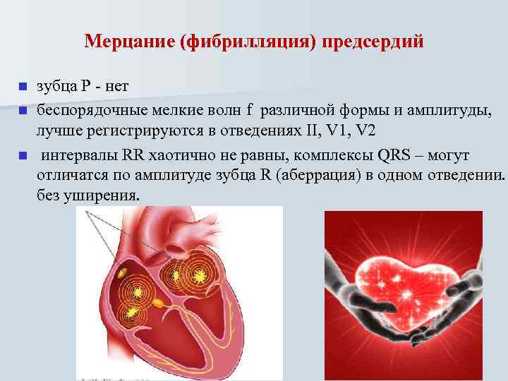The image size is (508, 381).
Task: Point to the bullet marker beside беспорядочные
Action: click(22, 111)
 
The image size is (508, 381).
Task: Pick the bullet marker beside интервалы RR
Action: click(22, 155)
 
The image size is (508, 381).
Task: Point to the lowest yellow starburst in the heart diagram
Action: click(131, 311)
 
